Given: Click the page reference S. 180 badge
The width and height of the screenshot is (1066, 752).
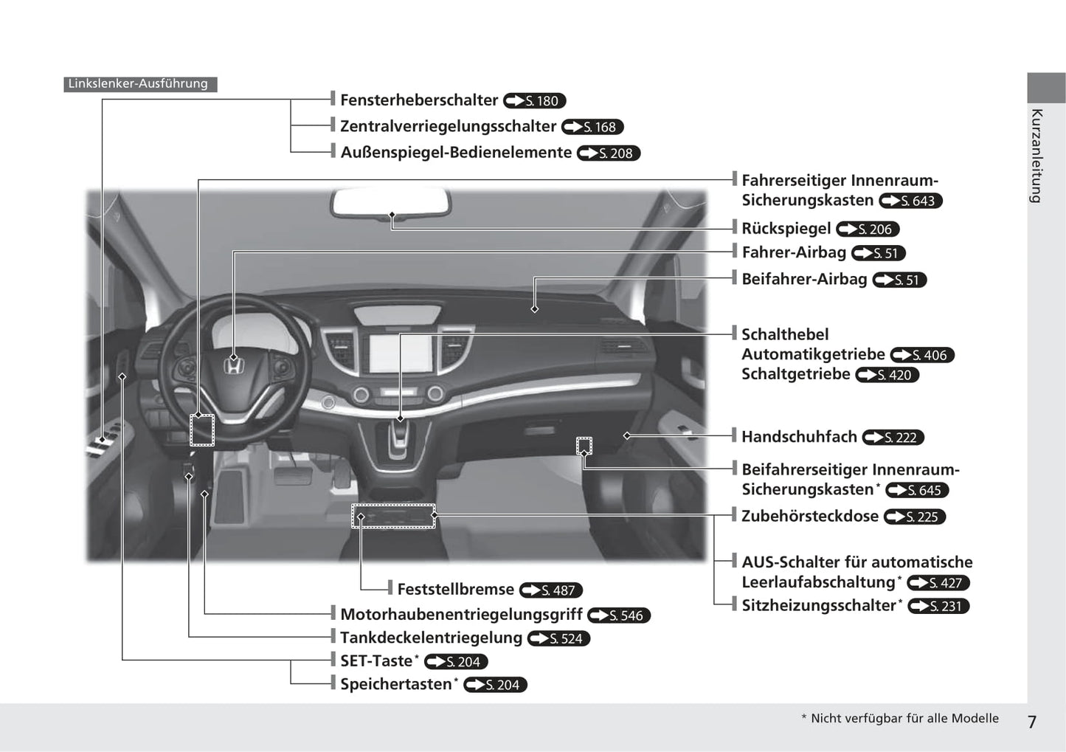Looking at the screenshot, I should click(535, 101).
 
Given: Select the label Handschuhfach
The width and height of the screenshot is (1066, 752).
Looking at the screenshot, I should click(799, 437).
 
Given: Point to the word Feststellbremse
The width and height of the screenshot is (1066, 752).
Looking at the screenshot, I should click(455, 590).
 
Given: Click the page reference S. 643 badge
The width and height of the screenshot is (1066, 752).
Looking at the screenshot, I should click(911, 201).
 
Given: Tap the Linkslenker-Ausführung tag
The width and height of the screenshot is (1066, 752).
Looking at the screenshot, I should click(139, 84).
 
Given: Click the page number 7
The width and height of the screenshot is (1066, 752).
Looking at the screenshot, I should click(1032, 722).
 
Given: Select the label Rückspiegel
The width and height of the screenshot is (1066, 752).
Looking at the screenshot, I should click(786, 229).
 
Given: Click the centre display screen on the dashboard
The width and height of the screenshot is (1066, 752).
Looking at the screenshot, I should click(399, 353).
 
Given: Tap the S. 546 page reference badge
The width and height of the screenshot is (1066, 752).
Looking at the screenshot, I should click(619, 615).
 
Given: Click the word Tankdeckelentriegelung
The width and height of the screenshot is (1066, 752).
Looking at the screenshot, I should click(431, 638).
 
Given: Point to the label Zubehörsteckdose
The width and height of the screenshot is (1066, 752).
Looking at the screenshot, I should click(809, 517).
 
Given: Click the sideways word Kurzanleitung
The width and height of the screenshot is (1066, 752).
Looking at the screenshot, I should click(1036, 156).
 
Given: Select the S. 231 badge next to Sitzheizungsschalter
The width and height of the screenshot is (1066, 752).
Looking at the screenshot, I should click(938, 606).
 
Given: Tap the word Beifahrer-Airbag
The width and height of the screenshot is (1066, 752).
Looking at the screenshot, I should click(804, 280).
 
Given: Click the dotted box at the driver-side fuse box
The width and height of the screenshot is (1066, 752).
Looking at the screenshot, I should click(202, 430).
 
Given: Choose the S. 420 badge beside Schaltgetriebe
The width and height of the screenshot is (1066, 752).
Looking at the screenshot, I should click(887, 375).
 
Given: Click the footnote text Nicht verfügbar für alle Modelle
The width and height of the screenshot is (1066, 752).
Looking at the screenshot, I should click(904, 719).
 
